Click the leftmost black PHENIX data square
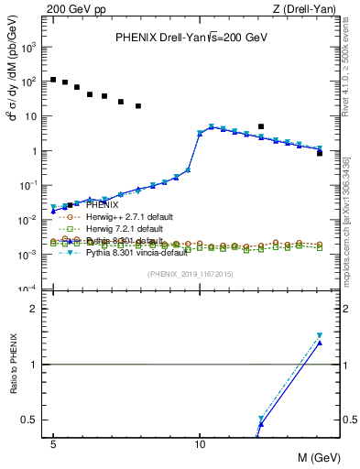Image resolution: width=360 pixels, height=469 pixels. click(53, 80)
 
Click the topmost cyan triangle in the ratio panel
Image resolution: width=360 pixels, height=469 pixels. click(320, 335)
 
